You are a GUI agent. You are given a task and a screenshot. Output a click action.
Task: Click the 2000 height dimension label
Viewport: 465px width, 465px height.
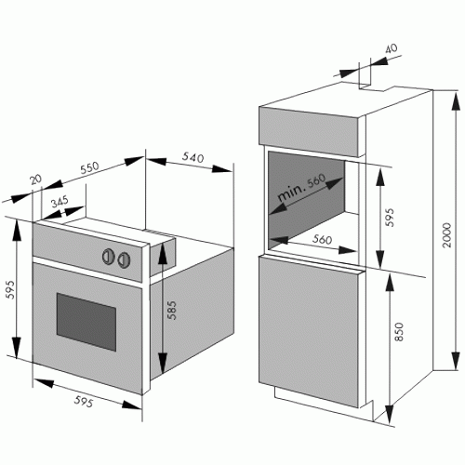click(x=447, y=234)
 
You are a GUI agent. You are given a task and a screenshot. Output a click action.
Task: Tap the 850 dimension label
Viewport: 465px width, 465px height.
click(x=399, y=332)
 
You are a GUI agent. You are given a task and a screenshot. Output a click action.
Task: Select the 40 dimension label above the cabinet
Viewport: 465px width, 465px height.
click(x=392, y=48)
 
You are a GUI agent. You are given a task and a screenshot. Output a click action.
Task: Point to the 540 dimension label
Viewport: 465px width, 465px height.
click(x=193, y=157)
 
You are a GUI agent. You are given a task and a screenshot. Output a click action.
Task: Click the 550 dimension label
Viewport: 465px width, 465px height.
click(x=89, y=167)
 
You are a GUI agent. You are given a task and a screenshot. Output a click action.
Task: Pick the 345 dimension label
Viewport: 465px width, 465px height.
click(x=60, y=202)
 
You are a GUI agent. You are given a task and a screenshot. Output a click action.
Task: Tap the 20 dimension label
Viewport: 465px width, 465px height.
click(x=35, y=179)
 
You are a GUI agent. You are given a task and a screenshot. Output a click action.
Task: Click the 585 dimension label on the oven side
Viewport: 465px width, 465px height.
click(x=171, y=310)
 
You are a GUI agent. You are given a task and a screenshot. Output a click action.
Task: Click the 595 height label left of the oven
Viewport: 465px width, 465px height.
click(x=10, y=289)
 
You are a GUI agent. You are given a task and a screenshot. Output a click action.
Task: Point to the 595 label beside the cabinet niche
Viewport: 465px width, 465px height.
click(x=390, y=218)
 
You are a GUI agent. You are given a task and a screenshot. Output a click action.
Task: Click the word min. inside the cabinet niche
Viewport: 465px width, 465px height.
click(x=291, y=193)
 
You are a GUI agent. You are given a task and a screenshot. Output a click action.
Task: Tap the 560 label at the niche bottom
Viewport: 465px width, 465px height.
click(x=322, y=239)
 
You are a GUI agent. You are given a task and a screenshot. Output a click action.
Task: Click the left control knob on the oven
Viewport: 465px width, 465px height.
click(x=109, y=257)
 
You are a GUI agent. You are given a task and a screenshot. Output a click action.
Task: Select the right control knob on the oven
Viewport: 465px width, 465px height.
click(x=124, y=259)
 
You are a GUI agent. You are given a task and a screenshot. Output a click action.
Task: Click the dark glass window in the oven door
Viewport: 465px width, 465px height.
click(x=86, y=322)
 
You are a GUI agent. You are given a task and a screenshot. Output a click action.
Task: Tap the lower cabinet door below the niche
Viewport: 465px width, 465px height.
click(x=309, y=331)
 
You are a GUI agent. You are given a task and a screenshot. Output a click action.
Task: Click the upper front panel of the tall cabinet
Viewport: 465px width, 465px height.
click(x=309, y=131)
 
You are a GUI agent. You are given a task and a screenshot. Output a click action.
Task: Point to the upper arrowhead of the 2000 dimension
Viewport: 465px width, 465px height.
click(x=456, y=101)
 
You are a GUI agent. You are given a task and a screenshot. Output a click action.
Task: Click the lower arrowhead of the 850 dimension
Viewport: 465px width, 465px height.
click(x=389, y=414)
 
